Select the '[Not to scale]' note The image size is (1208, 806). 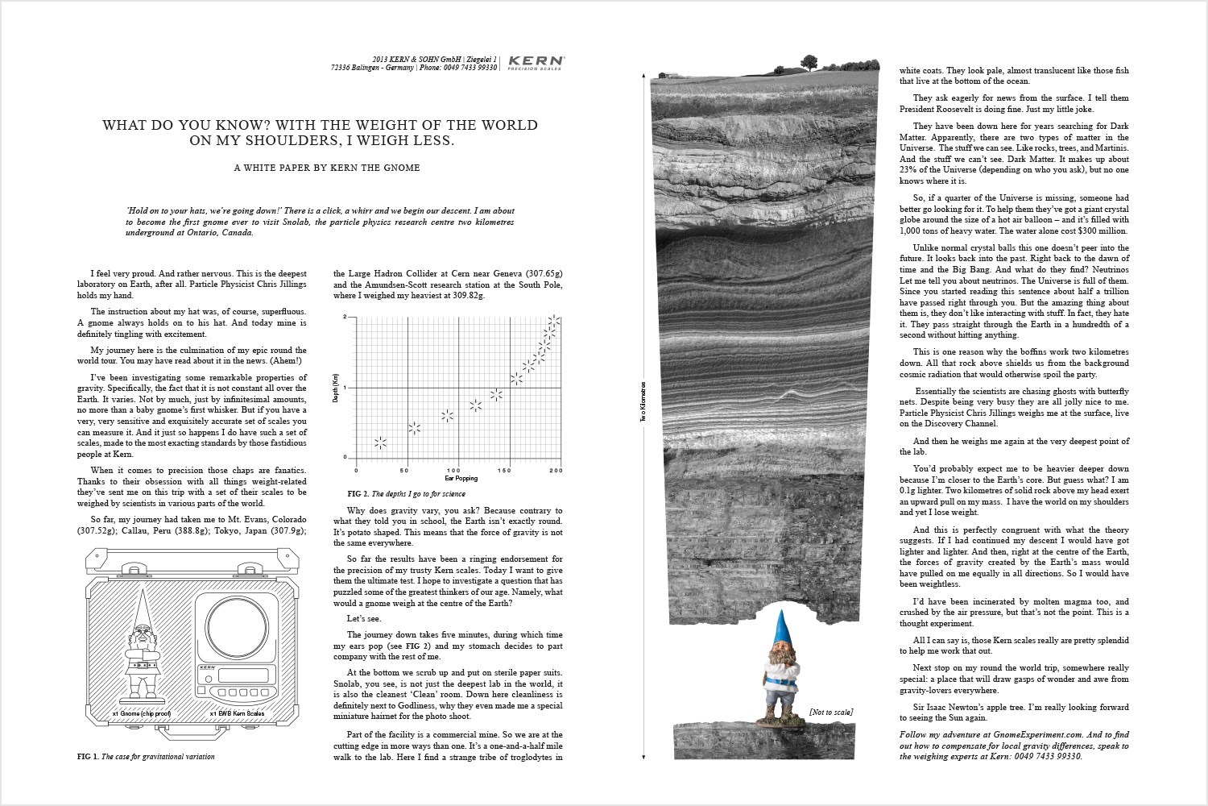(830, 712)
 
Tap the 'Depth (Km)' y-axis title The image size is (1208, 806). (336, 388)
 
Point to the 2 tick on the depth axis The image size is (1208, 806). (345, 317)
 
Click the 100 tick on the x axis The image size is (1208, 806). (454, 471)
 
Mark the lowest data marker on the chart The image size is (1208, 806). (380, 442)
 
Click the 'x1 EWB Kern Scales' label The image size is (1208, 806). (237, 714)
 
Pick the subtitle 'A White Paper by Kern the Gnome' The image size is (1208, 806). (326, 168)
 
